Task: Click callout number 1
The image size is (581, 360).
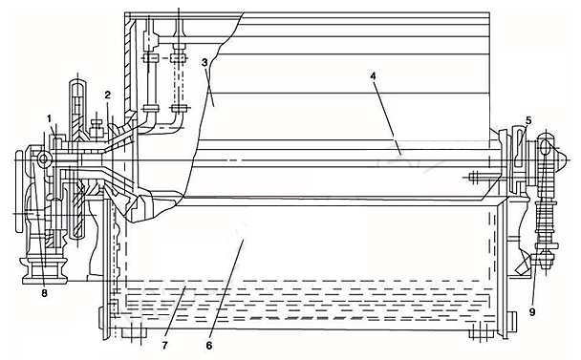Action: point(49,119)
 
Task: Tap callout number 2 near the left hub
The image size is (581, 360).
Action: point(107,95)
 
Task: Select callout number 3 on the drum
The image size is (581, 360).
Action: point(204,62)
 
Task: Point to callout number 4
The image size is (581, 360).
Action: point(373,75)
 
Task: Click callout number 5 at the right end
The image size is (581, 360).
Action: point(528,120)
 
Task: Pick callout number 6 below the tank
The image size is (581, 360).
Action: point(209,346)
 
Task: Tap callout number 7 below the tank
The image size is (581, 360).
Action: point(164,346)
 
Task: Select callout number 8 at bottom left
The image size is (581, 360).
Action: point(45,294)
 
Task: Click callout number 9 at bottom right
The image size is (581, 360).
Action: point(532,312)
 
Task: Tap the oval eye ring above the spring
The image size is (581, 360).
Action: point(545,148)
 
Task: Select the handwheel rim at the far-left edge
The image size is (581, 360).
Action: point(18,191)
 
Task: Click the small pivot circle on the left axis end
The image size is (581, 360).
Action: point(43,159)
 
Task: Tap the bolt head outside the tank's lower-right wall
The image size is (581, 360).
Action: point(512,323)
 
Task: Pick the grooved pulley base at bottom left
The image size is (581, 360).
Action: point(45,270)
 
